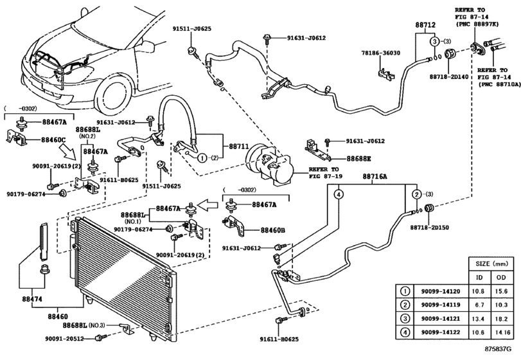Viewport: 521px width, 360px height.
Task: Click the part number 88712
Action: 425,25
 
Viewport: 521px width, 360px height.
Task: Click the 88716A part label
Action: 375,176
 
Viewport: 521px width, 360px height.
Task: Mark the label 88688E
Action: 361,157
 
